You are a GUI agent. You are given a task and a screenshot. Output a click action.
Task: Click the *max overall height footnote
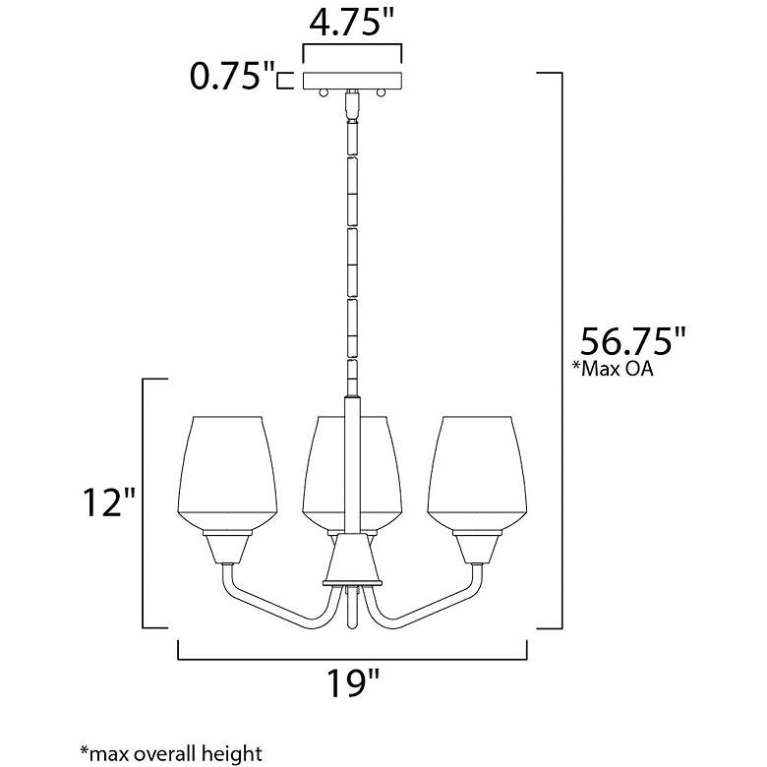(171, 754)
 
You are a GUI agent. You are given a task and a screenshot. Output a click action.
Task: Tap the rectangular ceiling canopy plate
(352, 82)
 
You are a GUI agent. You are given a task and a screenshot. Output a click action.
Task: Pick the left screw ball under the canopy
(324, 93)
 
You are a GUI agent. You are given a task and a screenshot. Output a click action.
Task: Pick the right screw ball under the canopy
(381, 93)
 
